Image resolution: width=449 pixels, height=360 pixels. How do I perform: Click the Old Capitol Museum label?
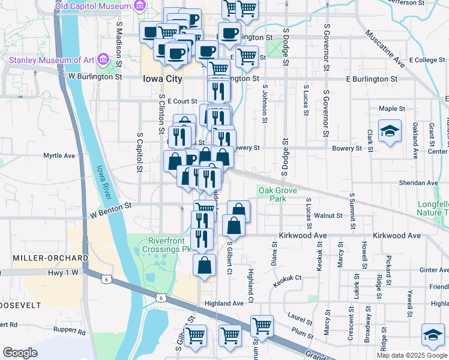(92, 6)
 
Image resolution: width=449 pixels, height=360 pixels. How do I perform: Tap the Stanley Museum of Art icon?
(103, 59)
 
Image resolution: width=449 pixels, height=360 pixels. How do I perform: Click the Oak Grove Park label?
(277, 194)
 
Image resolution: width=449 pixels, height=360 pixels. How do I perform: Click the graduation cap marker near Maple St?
(390, 132)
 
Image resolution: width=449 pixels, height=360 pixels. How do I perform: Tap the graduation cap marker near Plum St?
(433, 335)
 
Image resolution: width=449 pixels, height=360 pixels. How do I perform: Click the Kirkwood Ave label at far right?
(397, 236)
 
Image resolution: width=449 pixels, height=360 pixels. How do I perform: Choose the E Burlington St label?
(372, 79)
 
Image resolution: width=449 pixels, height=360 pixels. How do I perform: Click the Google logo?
(20, 353)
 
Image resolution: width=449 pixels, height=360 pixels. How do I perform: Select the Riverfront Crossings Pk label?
(164, 245)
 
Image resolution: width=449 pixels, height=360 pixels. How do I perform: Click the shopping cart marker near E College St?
(247, 57)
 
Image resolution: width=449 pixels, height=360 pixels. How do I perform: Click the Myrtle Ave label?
(59, 155)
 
